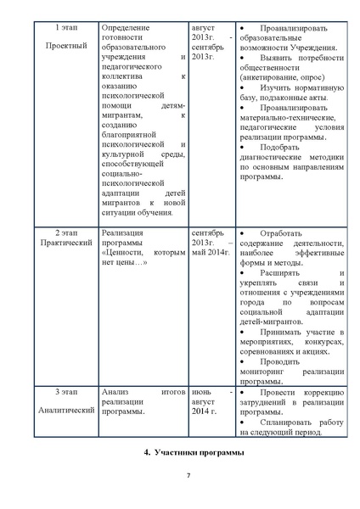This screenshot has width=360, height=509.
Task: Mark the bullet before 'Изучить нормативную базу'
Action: [243, 88]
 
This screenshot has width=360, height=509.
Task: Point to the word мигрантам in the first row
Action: [130, 118]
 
